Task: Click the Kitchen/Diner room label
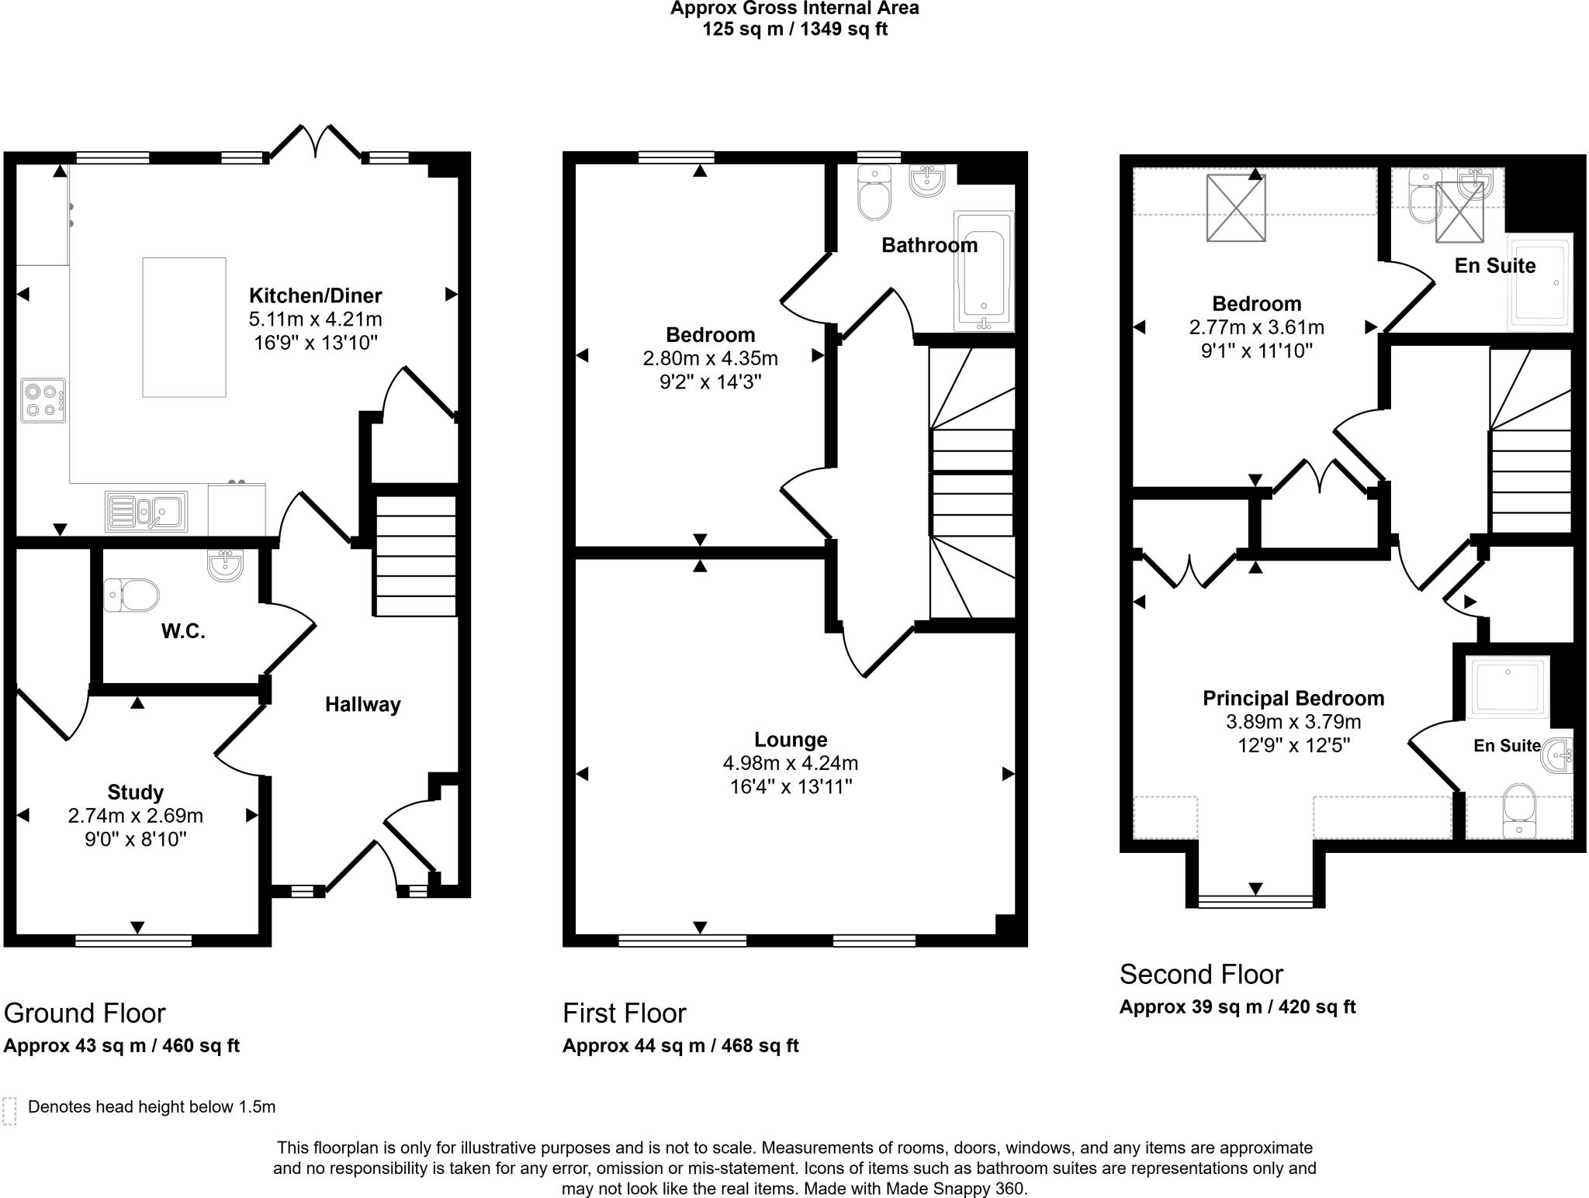tap(315, 295)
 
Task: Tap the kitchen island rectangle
tap(184, 327)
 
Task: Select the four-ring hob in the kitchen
tap(43, 400)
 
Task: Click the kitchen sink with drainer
tap(147, 513)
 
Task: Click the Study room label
tap(136, 792)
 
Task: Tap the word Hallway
tap(362, 704)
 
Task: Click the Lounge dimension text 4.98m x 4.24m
tap(791, 763)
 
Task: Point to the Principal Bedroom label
tap(1293, 698)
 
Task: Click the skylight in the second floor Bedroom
tap(1236, 209)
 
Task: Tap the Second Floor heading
tap(1201, 974)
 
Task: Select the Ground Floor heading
tap(85, 1013)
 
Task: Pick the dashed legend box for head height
tap(9, 1110)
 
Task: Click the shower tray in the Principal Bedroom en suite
tap(1507, 687)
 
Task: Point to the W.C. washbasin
tap(225, 564)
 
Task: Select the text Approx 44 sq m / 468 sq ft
tap(680, 1045)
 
